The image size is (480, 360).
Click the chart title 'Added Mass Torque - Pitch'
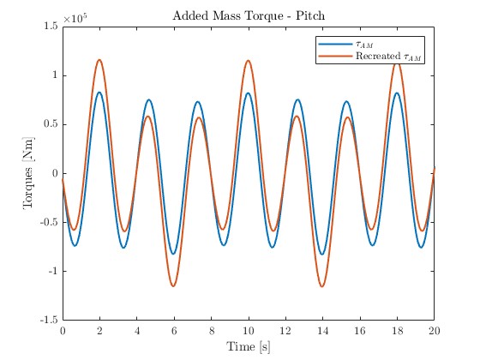coord(248,16)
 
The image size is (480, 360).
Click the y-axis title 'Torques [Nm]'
coord(28,173)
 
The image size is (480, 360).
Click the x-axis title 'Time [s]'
coord(248,346)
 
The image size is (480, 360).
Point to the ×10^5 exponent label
coord(77,17)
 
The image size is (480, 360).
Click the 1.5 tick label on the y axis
coord(49,27)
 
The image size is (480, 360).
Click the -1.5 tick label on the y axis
coord(46,320)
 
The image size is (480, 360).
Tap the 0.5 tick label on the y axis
coord(49,124)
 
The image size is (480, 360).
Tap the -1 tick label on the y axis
coord(51,271)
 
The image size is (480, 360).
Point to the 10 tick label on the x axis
coord(248,330)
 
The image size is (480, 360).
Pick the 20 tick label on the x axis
coord(434,330)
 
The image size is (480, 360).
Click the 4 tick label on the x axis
coord(136,330)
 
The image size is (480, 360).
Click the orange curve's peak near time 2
coord(99,60)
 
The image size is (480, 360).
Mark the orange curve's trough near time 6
coord(173,286)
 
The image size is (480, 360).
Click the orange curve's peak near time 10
coord(248,60)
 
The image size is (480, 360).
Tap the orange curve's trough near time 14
coord(322,286)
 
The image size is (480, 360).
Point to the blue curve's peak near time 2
coord(99,93)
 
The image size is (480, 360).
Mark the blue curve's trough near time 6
coord(173,254)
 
